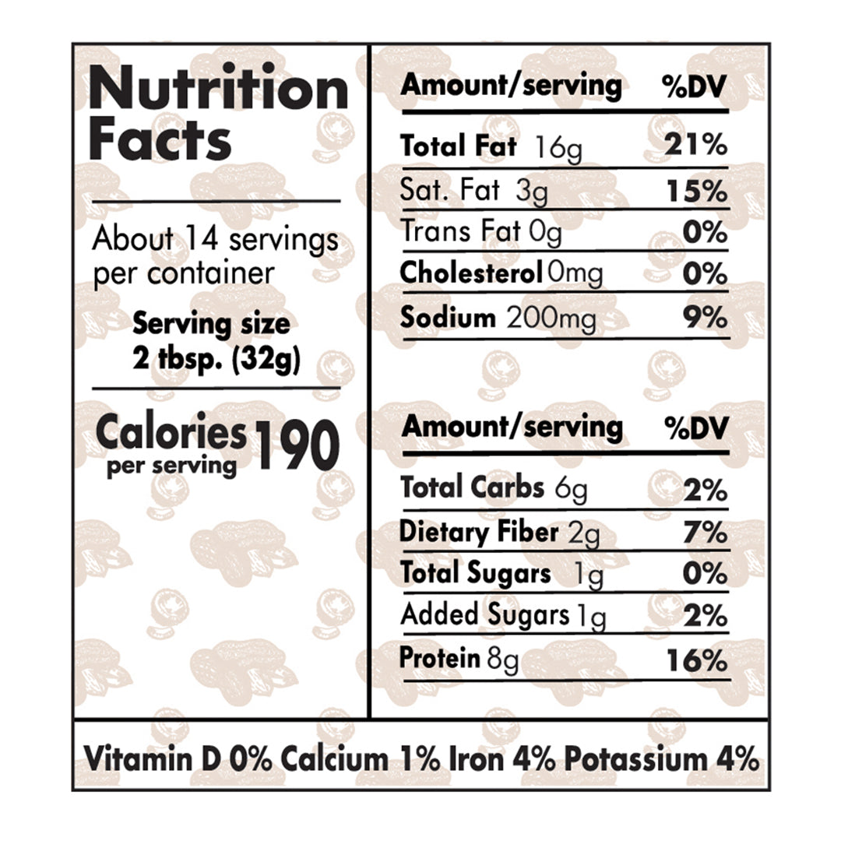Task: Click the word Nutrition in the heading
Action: click(218, 90)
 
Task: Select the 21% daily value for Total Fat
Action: click(696, 146)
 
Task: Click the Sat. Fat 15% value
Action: click(696, 192)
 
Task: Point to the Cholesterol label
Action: click(471, 273)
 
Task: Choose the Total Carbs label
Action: click(472, 487)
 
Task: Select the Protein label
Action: click(439, 658)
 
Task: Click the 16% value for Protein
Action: click(696, 661)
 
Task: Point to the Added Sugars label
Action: click(484, 615)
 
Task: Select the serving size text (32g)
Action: click(266, 362)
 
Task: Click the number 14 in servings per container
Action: click(198, 239)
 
